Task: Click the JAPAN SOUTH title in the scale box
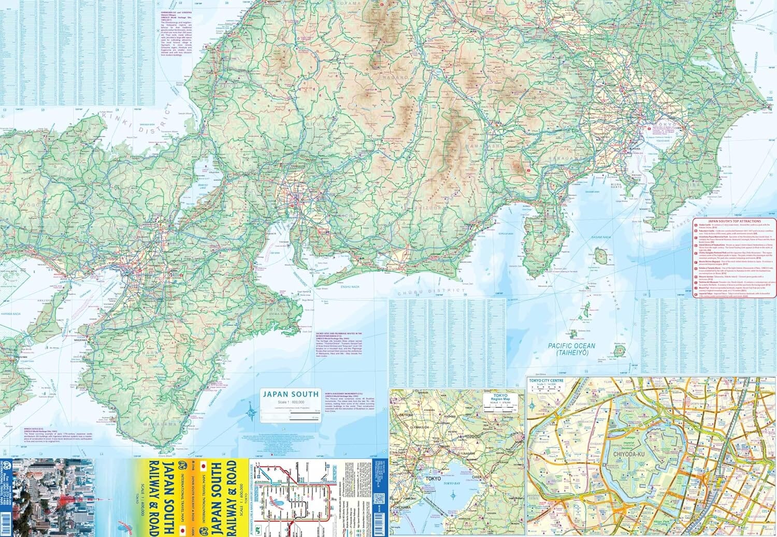pyautogui.click(x=290, y=394)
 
